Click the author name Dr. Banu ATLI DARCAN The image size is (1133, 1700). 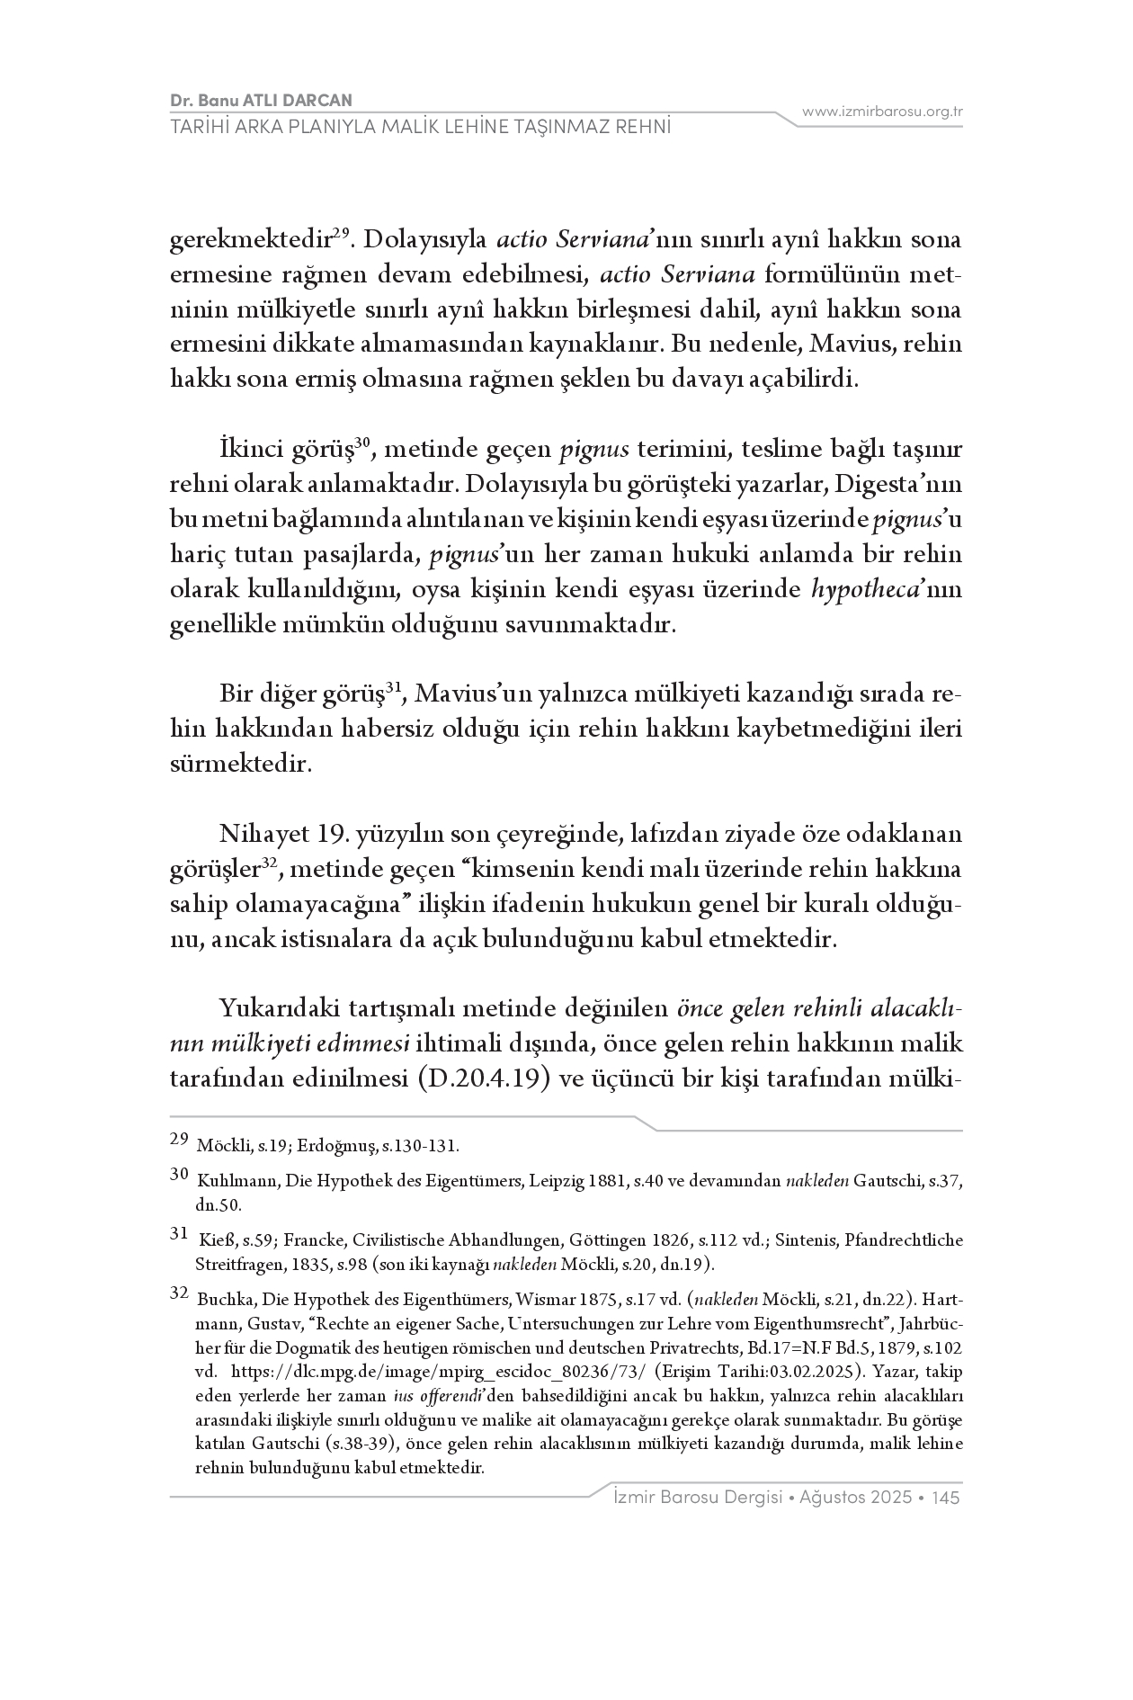261,100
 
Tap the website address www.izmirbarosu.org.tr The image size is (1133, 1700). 882,112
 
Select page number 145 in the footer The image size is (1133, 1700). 947,1498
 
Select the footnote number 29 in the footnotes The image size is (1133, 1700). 179,1144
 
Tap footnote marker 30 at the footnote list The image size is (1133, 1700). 179,1175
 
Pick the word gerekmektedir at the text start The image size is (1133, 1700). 249,240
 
